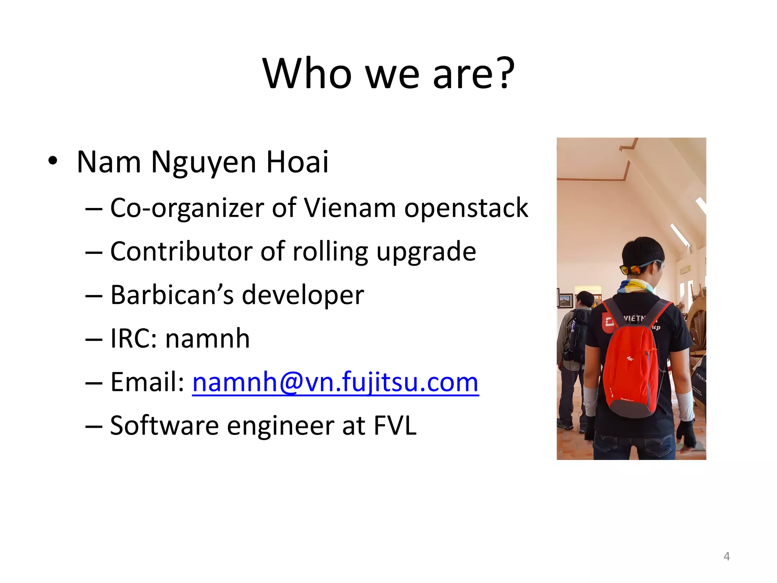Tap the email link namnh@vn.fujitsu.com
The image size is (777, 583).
335,382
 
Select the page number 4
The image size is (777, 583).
727,556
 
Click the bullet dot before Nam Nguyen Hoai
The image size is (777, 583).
53,161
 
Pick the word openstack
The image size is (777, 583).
466,209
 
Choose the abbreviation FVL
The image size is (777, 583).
395,425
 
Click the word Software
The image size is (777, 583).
164,425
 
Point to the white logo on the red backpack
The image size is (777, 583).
630,358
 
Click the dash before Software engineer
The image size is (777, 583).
94,426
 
